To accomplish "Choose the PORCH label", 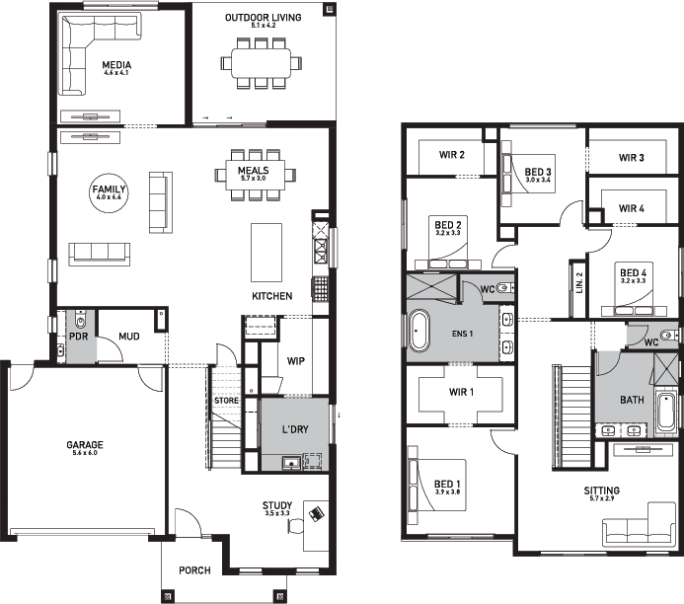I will point(194,571).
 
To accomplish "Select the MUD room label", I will point(128,337).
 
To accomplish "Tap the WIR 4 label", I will point(632,208).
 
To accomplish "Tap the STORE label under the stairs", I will point(227,400).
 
